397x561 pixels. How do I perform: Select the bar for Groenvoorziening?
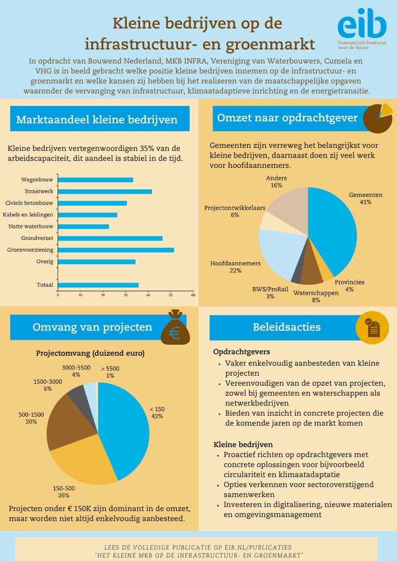click(116, 250)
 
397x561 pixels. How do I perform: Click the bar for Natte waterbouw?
click(83, 226)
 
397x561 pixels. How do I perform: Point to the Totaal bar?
click(98, 285)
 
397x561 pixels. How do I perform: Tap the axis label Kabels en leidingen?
click(28, 215)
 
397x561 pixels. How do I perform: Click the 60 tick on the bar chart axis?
click(193, 295)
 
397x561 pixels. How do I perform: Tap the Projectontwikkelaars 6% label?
click(234, 211)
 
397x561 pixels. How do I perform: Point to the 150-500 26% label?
click(63, 492)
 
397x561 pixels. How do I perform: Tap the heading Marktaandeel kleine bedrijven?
click(97, 120)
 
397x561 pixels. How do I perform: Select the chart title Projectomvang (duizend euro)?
click(90, 353)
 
